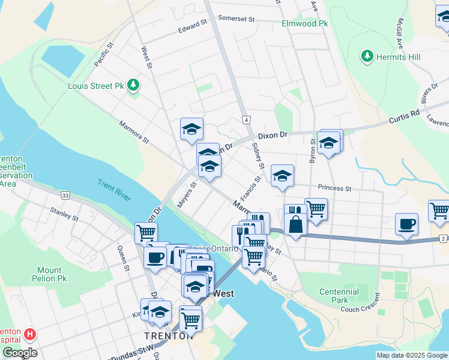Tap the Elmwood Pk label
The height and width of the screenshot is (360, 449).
pyautogui.click(x=306, y=24)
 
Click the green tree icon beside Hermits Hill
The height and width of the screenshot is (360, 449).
pyautogui.click(x=367, y=56)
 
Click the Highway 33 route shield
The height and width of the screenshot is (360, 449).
pyautogui.click(x=65, y=195)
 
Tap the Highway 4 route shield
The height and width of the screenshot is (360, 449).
pyautogui.click(x=246, y=120)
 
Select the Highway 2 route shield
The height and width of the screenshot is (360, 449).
pyautogui.click(x=443, y=239)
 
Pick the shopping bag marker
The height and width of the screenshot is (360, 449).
pyautogui.click(x=295, y=225)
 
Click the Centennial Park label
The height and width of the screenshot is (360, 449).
pyautogui.click(x=339, y=296)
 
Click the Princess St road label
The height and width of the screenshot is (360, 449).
pyautogui.click(x=334, y=188)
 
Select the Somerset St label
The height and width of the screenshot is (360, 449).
pyautogui.click(x=236, y=19)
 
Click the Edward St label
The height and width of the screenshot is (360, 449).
pyautogui.click(x=192, y=26)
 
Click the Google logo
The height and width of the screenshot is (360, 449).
pyautogui.click(x=19, y=353)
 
